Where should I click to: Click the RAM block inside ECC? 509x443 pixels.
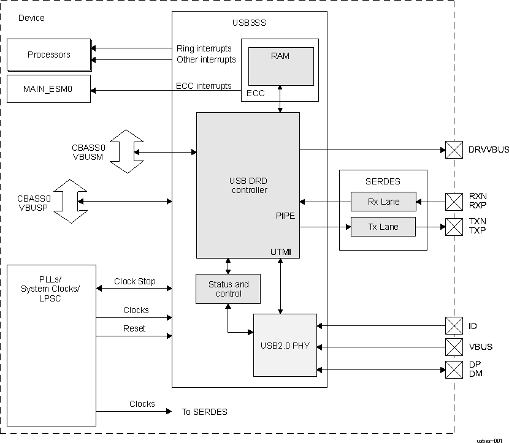click(280, 66)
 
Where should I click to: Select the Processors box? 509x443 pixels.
click(48, 55)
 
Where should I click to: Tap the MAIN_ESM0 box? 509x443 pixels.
click(48, 89)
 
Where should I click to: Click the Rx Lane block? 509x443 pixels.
click(383, 201)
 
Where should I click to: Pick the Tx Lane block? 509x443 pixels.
click(383, 227)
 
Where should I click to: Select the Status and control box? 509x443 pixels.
click(228, 289)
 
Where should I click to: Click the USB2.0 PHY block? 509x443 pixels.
click(285, 345)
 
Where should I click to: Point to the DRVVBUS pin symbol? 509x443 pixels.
click(454, 150)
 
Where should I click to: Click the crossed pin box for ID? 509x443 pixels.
click(454, 325)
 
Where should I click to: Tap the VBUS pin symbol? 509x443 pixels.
click(454, 347)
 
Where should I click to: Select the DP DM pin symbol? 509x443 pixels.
click(454, 369)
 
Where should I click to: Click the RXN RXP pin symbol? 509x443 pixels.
click(454, 201)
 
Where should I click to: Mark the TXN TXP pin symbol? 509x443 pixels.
click(454, 227)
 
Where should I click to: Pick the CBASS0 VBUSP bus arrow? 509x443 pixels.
click(68, 201)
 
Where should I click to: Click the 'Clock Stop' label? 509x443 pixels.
click(134, 282)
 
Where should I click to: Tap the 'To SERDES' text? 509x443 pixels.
click(204, 412)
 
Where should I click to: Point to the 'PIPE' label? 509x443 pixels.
click(286, 216)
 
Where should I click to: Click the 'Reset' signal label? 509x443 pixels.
click(134, 328)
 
